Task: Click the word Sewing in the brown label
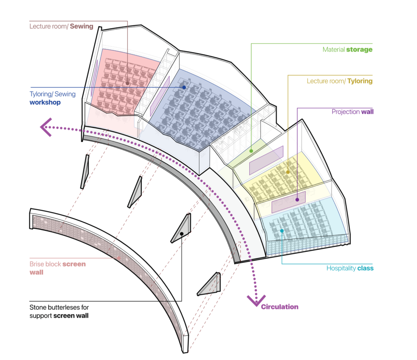point(81,26)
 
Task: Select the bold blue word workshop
point(45,103)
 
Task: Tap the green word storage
point(359,50)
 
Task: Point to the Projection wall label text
point(352,112)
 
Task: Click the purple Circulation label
point(279,307)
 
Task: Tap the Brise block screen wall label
point(57,268)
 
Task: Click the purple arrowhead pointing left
point(46,127)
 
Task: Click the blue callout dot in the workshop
point(184,87)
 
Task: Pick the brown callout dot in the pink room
point(127,83)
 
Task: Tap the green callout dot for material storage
point(251,151)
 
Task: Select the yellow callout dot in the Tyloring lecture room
point(288,172)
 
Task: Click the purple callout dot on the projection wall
point(297,200)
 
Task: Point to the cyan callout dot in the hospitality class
point(282,231)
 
